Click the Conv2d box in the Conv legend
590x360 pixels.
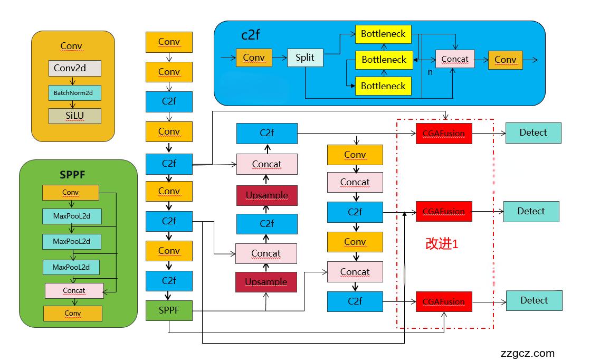(x=74, y=68)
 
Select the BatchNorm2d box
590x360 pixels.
(x=74, y=93)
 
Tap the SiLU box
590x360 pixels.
(x=74, y=116)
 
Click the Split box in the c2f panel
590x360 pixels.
(x=304, y=58)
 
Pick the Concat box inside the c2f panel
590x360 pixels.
(x=454, y=59)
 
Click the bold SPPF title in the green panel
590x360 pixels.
(x=72, y=174)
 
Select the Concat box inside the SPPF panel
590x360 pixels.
(x=74, y=290)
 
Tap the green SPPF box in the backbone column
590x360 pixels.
(x=169, y=310)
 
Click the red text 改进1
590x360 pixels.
(x=442, y=244)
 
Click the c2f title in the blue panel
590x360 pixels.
(x=251, y=35)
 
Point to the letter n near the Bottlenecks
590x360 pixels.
(x=430, y=72)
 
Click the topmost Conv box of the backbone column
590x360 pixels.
(x=169, y=42)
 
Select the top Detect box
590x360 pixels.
(x=533, y=132)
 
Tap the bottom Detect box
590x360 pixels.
(x=534, y=300)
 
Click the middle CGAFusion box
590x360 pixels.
(x=443, y=212)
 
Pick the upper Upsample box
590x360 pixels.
(x=267, y=195)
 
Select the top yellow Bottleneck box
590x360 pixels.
(x=383, y=34)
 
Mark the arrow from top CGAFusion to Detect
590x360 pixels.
(x=488, y=133)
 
